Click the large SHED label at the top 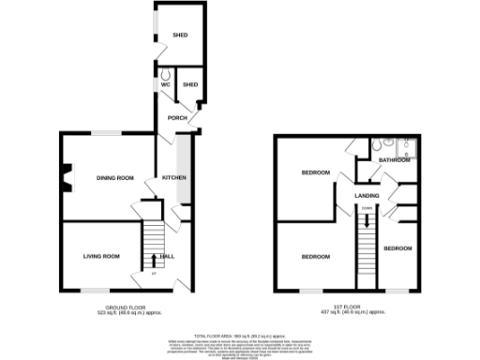point(179,35)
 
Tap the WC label point(165,85)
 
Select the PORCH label point(176,118)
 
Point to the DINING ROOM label point(115,177)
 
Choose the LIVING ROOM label point(101,256)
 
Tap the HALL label point(168,256)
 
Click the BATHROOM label point(396,160)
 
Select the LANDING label point(367,195)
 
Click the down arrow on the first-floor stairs point(367,219)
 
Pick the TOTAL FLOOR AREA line point(239,335)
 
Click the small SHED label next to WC point(190,85)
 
